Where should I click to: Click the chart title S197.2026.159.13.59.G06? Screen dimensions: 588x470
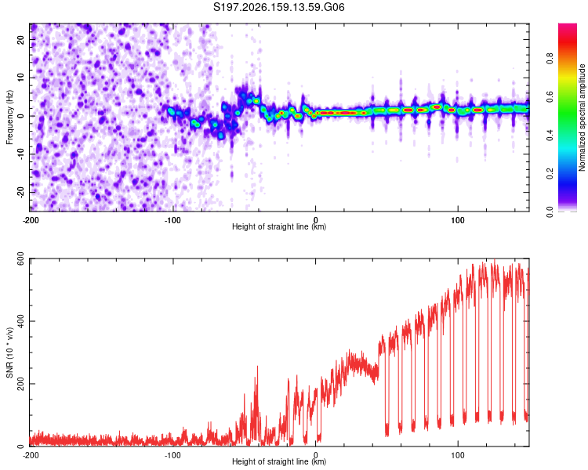[x=278, y=7]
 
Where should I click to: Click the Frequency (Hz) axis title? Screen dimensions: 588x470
[x=9, y=117]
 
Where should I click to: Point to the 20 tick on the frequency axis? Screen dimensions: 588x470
[x=20, y=40]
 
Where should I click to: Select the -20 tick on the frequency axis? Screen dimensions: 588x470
[x=20, y=193]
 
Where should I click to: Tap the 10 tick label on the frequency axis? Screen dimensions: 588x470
[x=20, y=78]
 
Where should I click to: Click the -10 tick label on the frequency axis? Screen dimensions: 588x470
[x=20, y=154]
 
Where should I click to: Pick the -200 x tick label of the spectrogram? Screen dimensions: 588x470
[x=31, y=220]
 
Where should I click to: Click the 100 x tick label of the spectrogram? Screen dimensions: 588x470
[x=458, y=220]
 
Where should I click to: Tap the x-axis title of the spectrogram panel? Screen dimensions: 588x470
[x=279, y=226]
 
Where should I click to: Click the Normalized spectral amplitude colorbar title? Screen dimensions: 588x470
[x=582, y=117]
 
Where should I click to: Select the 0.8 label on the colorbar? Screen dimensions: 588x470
[x=550, y=59]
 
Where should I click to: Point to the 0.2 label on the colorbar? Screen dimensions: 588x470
[x=550, y=174]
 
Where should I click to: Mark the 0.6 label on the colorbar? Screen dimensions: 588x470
[x=550, y=96]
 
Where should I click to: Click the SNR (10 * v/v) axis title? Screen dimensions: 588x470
[x=9, y=352]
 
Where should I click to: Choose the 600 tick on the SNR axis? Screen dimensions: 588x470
[x=20, y=259]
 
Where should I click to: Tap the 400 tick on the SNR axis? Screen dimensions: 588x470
[x=20, y=321]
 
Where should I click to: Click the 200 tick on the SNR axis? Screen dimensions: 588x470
[x=20, y=384]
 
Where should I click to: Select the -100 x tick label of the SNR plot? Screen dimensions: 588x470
[x=172, y=455]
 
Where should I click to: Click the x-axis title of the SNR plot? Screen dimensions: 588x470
[x=279, y=461]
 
